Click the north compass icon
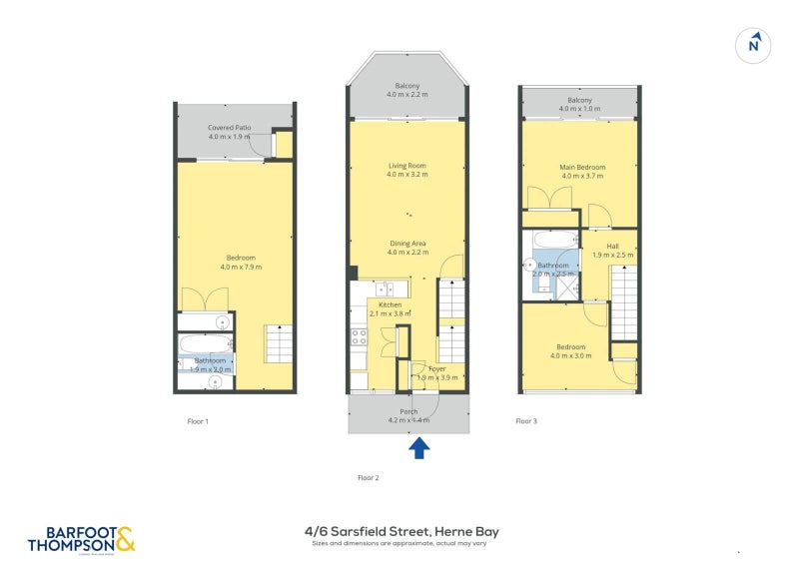coord(755,44)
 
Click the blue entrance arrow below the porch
coord(419,449)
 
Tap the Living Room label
coord(406,166)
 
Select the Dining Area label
coord(406,243)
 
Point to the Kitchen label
coord(390,304)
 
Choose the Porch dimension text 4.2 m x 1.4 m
coord(407,420)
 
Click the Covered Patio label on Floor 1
coord(229,128)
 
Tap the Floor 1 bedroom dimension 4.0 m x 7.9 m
coord(236,267)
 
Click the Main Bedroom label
coord(581,167)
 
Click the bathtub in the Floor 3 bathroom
coord(554,240)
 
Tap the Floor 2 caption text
coord(369,478)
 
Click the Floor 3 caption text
coord(525,421)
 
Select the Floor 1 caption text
coord(198,421)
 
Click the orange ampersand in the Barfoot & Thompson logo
coord(125,539)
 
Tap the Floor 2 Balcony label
coord(406,85)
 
